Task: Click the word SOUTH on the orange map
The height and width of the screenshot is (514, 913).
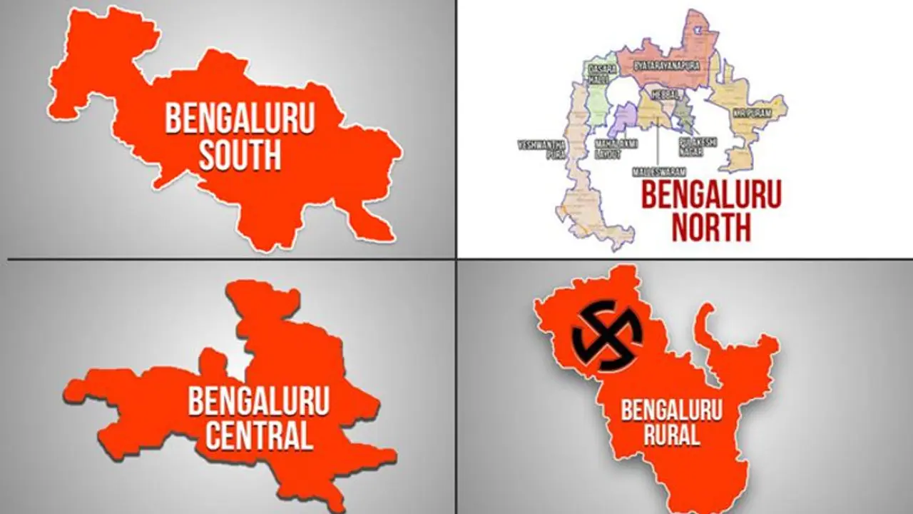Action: point(240,156)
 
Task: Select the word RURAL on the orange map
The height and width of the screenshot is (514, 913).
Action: point(662,434)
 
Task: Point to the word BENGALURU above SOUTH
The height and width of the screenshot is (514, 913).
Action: point(240,119)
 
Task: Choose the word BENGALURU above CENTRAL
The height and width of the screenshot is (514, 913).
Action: point(259,401)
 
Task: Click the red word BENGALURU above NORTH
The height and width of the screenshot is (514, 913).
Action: point(711,194)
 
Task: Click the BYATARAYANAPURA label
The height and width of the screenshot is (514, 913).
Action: point(666,65)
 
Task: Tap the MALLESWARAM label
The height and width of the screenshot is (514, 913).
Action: point(658,172)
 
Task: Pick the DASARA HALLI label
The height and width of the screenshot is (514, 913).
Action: point(598,74)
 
